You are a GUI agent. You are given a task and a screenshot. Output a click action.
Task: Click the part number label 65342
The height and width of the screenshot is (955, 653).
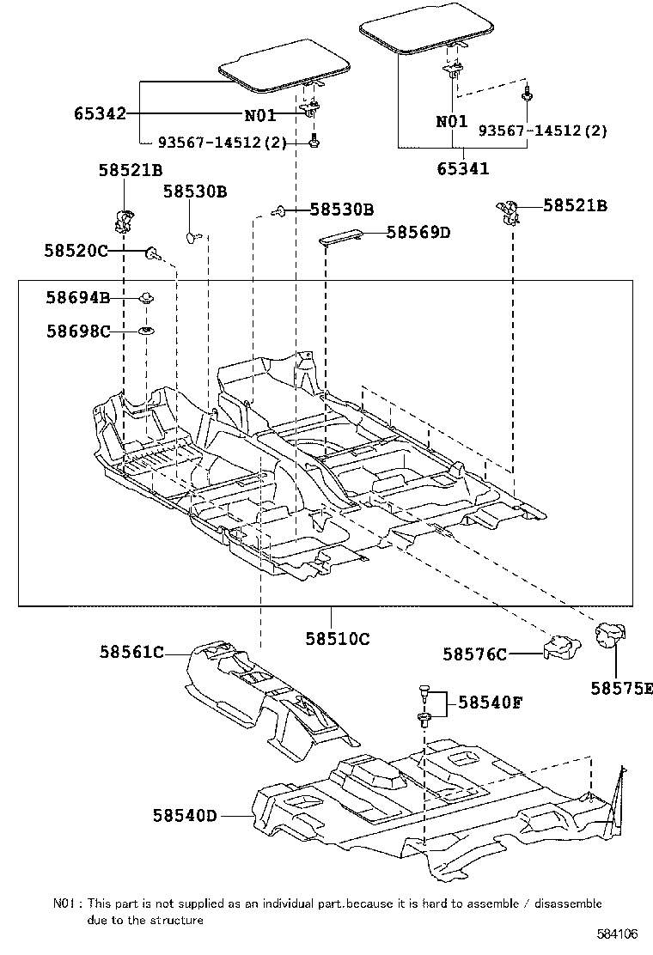101,113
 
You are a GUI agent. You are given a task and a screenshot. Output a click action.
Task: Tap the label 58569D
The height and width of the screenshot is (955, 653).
418,232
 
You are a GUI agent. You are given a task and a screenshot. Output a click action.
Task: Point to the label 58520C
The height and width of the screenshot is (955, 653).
76,251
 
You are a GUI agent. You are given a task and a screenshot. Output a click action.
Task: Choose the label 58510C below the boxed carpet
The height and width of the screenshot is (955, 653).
337,638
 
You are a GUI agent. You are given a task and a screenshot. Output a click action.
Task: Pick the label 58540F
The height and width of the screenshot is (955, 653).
490,703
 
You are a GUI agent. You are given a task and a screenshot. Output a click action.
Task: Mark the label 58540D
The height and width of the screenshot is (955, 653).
186,815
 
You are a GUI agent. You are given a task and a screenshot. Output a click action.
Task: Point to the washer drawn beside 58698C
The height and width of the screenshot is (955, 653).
147,331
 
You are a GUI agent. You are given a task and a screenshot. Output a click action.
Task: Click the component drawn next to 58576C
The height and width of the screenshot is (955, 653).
559,647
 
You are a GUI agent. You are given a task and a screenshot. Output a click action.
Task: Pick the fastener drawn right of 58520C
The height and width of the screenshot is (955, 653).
152,252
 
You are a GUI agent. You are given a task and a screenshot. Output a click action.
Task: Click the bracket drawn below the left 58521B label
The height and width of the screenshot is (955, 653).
122,221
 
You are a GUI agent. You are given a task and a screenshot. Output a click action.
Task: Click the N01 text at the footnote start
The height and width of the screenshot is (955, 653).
66,903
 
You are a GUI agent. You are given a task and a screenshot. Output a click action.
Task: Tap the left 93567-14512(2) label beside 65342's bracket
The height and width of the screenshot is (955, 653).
220,143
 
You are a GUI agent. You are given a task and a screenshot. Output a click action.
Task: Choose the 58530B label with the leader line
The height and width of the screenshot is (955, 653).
341,210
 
